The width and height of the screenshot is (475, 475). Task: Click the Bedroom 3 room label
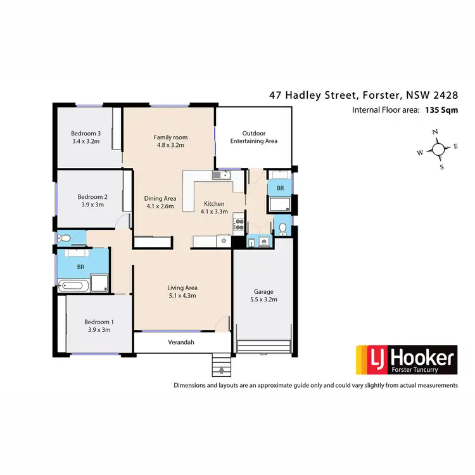[85, 133]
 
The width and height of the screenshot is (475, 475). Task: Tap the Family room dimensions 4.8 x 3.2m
[170, 145]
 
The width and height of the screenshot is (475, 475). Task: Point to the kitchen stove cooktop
[239, 224]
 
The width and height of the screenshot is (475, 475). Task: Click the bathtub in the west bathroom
[72, 286]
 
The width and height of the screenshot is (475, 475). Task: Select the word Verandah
[180, 342]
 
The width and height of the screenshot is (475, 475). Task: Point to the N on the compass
[435, 132]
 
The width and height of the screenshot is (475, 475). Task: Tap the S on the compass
[441, 167]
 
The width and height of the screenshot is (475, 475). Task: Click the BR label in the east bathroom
[279, 189]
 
